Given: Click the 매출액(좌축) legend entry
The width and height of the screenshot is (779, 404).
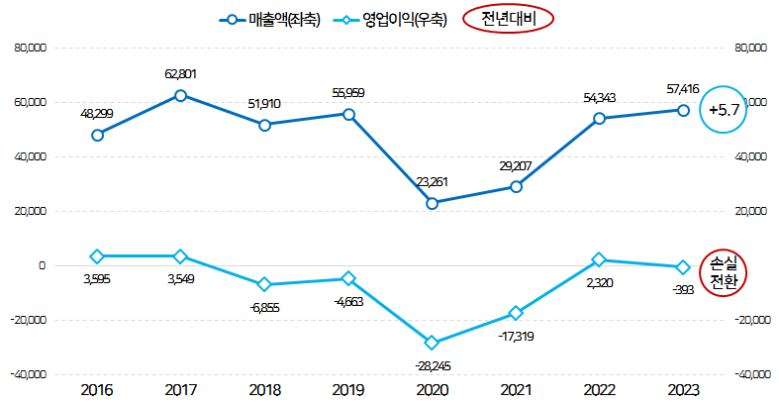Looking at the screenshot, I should tap(268, 19).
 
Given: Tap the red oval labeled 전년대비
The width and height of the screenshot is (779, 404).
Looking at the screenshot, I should tap(506, 19).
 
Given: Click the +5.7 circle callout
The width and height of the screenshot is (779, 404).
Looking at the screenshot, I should tap(722, 110).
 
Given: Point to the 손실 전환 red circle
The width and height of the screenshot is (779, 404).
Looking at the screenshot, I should tap(724, 270).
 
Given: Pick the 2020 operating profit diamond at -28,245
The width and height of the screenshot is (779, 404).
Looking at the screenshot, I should tap(432, 343).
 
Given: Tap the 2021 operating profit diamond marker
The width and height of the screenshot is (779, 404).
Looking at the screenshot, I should tap(516, 313).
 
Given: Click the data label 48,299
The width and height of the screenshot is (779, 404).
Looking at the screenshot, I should tap(97, 114).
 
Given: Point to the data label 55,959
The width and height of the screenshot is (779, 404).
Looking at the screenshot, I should tap(348, 93).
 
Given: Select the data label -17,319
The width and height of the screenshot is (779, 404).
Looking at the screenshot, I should tap(517, 337).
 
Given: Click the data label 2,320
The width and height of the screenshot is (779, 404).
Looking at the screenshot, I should tap(600, 282).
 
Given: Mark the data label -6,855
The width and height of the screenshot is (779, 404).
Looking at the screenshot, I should tap(264, 307).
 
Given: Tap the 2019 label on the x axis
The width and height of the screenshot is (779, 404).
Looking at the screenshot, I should tap(348, 390).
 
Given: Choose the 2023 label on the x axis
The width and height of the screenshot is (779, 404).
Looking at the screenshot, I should tap(683, 390).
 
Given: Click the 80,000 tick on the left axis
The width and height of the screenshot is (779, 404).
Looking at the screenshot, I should tap(28, 48).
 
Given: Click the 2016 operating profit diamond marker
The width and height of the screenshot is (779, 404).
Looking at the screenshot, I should tap(97, 256).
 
